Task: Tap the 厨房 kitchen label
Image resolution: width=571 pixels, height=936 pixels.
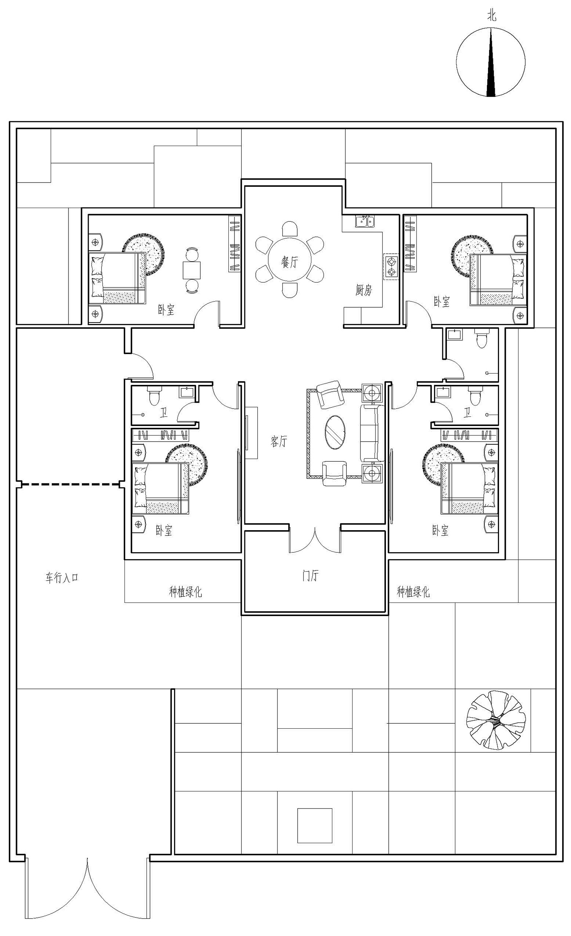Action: tap(364, 290)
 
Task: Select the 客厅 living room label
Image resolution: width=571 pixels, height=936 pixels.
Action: tap(279, 441)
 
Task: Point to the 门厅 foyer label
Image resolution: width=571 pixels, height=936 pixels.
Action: tap(310, 575)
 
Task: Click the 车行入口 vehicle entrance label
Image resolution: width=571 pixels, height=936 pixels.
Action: tap(62, 578)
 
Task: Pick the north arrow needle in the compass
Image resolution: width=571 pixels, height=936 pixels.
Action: tap(491, 62)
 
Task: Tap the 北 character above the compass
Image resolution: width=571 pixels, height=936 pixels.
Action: tap(491, 16)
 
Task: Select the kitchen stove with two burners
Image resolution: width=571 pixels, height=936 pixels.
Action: tap(391, 267)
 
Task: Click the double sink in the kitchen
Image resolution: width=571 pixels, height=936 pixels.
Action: tap(365, 221)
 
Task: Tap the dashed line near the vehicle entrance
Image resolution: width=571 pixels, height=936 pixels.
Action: tap(70, 484)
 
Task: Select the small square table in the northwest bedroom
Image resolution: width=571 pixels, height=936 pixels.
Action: tap(191, 270)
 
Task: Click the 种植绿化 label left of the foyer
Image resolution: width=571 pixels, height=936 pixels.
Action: tap(185, 592)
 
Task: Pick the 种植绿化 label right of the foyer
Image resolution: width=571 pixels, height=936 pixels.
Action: tap(413, 592)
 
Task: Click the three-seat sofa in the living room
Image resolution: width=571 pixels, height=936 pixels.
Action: tap(372, 433)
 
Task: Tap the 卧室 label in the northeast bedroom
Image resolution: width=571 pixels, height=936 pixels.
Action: tap(442, 302)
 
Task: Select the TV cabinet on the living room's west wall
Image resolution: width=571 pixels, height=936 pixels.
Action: tap(251, 433)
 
